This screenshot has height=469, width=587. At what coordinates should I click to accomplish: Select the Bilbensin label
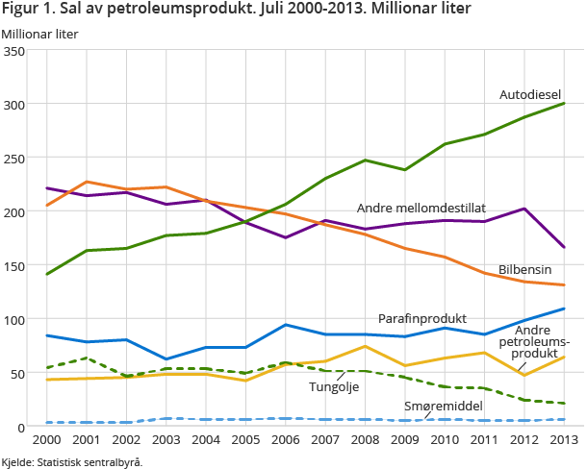click(x=524, y=269)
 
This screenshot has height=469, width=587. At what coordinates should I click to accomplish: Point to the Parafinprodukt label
click(x=422, y=318)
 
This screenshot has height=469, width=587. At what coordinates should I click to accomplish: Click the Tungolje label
click(x=335, y=386)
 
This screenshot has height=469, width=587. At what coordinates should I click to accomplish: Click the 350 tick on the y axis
click(x=16, y=50)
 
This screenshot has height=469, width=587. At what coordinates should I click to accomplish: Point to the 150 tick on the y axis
click(x=16, y=265)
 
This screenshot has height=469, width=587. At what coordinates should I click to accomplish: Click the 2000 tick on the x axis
click(x=46, y=439)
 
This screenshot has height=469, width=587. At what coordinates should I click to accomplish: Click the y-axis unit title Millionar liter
click(x=39, y=34)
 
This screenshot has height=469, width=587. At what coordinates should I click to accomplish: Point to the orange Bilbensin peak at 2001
click(x=87, y=182)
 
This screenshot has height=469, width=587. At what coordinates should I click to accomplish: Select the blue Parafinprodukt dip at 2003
click(x=166, y=358)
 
